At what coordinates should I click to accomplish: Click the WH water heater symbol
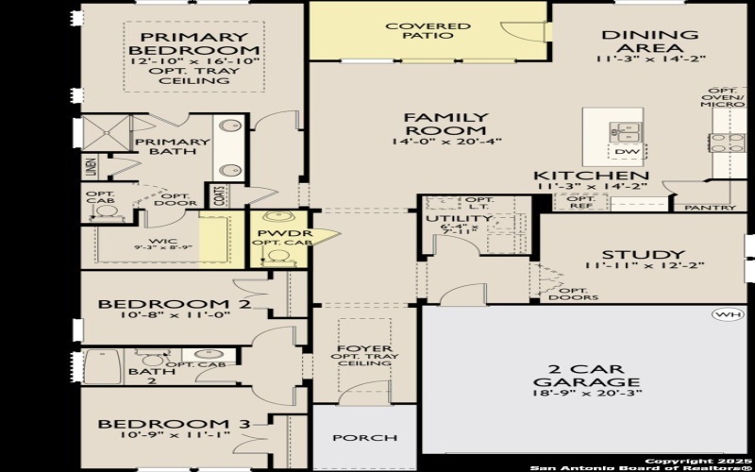727,314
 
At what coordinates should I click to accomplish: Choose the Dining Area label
650,42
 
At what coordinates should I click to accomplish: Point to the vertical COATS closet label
219,195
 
